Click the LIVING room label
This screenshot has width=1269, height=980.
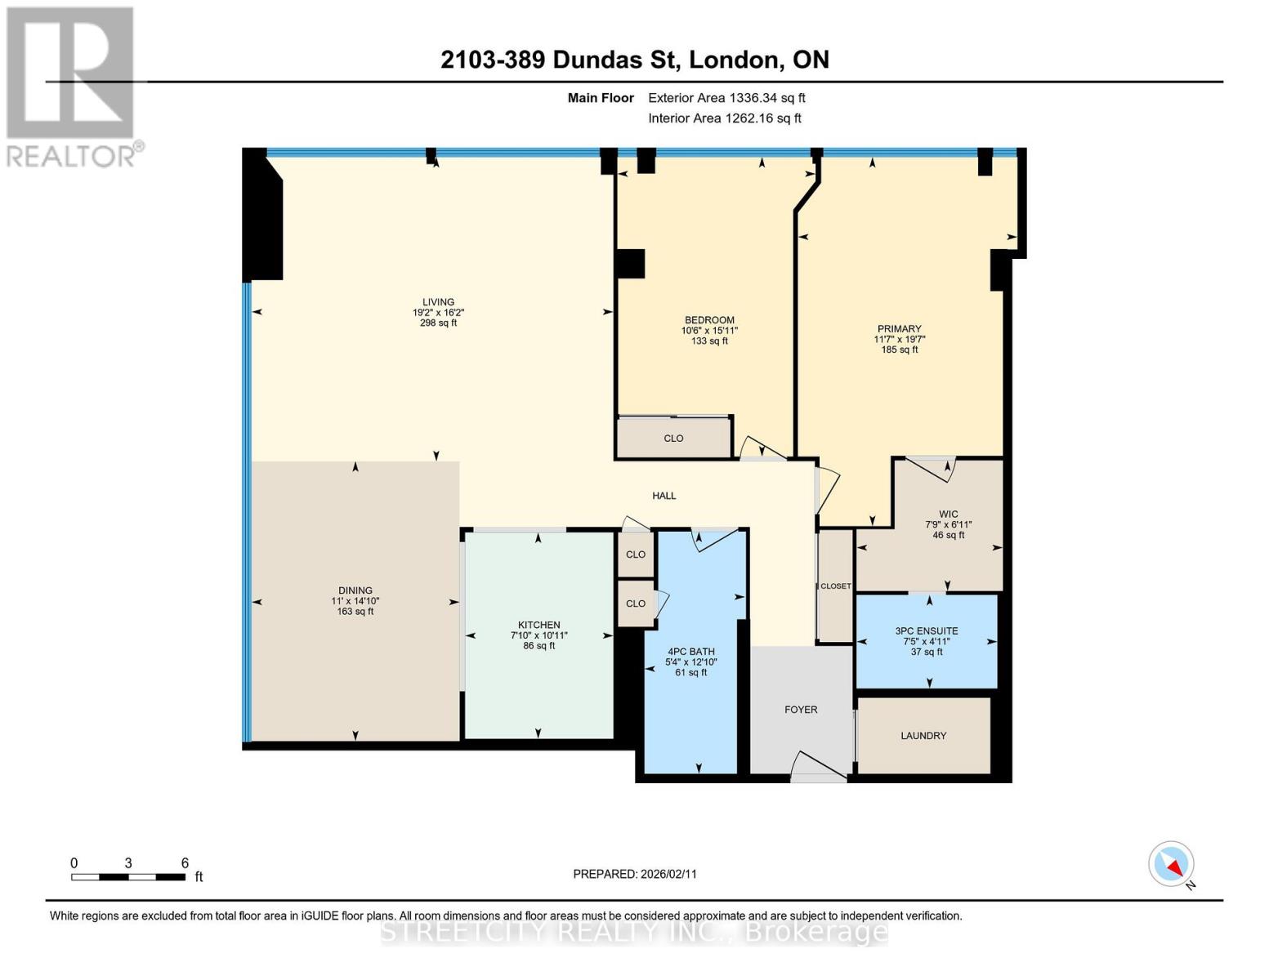point(438,302)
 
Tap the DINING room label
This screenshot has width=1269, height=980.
point(355,590)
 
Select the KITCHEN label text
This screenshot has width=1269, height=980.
point(538,625)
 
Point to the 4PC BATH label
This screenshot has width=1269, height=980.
point(690,652)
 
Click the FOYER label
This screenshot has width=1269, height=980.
point(801,710)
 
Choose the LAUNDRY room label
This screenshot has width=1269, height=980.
point(923,736)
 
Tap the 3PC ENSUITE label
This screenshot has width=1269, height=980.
point(927,631)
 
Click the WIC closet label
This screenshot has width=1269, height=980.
point(948,514)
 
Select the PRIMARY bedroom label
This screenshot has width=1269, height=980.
point(899,329)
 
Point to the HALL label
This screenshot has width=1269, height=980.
point(664,496)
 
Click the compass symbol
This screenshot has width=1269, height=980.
point(1172,864)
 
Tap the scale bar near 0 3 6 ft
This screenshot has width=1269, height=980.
point(127,877)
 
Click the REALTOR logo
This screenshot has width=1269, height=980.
point(70,86)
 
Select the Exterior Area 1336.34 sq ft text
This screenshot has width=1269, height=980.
point(726,98)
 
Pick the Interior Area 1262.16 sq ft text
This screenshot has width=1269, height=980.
point(724,118)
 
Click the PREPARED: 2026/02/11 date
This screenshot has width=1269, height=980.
point(635,874)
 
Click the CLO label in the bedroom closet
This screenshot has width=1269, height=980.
point(673,439)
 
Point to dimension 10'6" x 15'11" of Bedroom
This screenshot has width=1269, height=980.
point(709,331)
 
